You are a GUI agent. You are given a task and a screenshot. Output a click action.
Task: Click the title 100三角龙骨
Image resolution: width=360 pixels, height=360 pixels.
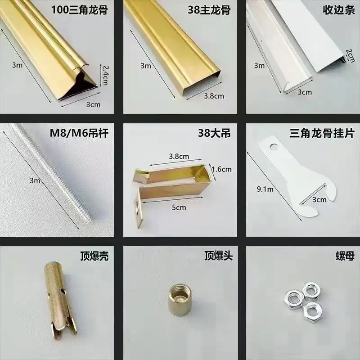(80, 10)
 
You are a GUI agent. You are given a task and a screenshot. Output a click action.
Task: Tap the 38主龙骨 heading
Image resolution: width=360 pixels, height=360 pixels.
(209, 10)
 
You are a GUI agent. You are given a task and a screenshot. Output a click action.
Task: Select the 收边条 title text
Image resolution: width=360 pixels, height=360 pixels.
(339, 10)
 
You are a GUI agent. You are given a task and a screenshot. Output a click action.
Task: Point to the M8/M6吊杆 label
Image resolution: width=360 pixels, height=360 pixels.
(79, 133)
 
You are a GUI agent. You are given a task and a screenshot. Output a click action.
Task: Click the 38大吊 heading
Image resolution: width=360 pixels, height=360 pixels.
(215, 133)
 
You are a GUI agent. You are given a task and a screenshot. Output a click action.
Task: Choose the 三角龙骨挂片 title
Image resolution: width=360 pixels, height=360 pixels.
(322, 133)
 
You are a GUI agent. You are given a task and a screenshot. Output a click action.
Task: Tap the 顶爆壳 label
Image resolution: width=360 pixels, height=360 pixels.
(94, 256)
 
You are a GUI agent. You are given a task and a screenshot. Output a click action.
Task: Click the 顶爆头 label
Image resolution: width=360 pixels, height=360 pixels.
(218, 256)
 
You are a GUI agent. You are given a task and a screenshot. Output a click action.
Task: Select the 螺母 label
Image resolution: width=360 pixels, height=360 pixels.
(345, 256)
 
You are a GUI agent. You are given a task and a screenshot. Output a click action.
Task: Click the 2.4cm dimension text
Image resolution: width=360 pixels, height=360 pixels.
(105, 75)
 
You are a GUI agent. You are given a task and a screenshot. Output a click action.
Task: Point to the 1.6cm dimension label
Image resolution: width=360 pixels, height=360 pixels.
(221, 169)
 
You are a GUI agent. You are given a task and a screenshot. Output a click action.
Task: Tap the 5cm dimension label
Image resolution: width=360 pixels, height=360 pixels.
(179, 207)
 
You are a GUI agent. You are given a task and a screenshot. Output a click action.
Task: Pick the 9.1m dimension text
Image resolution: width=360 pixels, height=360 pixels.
(265, 189)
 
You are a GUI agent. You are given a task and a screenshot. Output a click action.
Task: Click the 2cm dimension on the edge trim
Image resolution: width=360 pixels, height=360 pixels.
(350, 55)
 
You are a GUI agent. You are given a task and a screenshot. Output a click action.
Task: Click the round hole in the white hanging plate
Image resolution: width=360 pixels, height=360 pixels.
(274, 146)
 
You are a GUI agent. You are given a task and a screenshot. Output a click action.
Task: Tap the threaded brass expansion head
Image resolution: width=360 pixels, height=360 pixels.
(180, 300)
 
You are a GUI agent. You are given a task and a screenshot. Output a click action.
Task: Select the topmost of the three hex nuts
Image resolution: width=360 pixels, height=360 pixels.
(311, 290)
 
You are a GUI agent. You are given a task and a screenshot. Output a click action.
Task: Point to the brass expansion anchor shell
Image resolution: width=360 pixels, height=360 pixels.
(60, 301)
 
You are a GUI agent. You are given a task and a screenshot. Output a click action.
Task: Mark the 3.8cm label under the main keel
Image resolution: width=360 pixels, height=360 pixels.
(214, 96)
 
